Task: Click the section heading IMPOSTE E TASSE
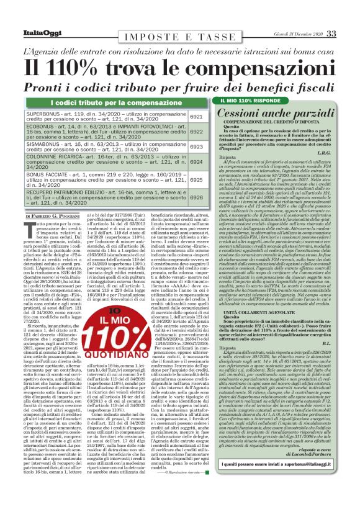point(179,36)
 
